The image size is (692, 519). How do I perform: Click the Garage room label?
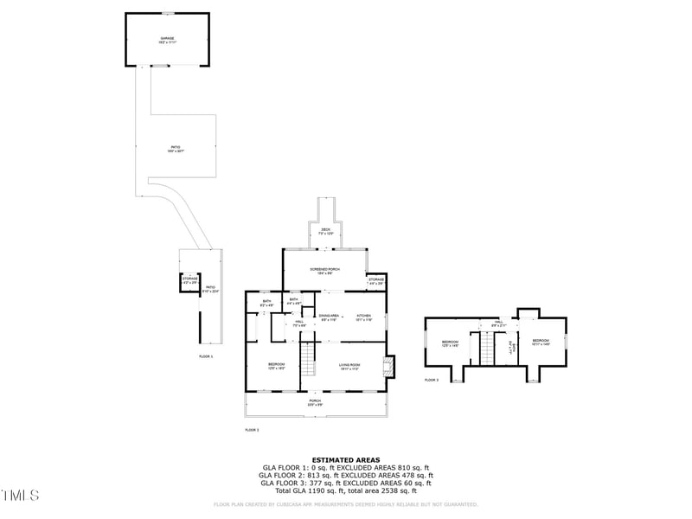pyautogui.click(x=167, y=39)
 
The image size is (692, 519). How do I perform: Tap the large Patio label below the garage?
pyautogui.click(x=176, y=150)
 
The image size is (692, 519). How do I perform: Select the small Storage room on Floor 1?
pyautogui.click(x=189, y=280)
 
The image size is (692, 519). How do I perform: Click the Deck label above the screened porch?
pyautogui.click(x=325, y=231)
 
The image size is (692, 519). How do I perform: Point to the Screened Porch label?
pyautogui.click(x=324, y=271)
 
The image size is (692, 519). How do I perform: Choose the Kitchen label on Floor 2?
pyautogui.click(x=364, y=317)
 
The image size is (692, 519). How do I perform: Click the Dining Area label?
pyautogui.click(x=328, y=317)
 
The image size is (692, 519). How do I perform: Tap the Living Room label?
pyautogui.click(x=349, y=367)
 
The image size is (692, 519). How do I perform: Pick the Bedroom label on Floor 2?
pyautogui.click(x=276, y=366)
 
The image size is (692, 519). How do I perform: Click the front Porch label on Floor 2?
pyautogui.click(x=315, y=402)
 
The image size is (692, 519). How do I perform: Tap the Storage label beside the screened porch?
pyautogui.click(x=375, y=281)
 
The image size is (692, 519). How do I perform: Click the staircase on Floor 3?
pyautogui.click(x=486, y=349)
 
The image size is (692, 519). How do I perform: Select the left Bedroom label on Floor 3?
pyautogui.click(x=450, y=343)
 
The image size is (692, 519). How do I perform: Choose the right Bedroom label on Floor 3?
pyautogui.click(x=541, y=343)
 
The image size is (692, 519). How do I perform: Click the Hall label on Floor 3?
pyautogui.click(x=498, y=322)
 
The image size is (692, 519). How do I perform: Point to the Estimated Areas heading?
pyautogui.click(x=346, y=460)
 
